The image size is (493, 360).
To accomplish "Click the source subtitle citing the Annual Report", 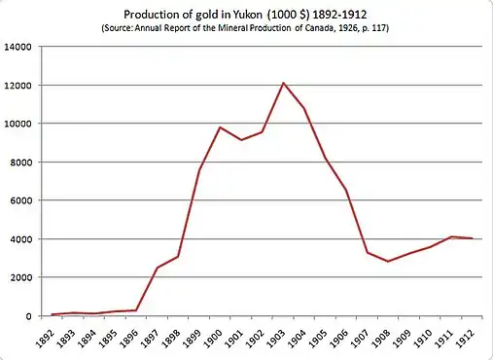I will coord(246,30).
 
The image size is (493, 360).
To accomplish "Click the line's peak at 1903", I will coord(284,83).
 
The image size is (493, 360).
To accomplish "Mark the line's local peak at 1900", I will coord(221,127).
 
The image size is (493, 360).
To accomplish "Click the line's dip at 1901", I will coord(241,140).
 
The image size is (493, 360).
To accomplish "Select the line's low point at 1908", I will coord(389,262).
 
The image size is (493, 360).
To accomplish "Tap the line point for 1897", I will coord(157,268).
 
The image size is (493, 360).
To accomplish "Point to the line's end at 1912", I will coord(474,238).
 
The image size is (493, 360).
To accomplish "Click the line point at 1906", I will coord(347,190).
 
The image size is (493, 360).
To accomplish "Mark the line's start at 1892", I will coord(52,314).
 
